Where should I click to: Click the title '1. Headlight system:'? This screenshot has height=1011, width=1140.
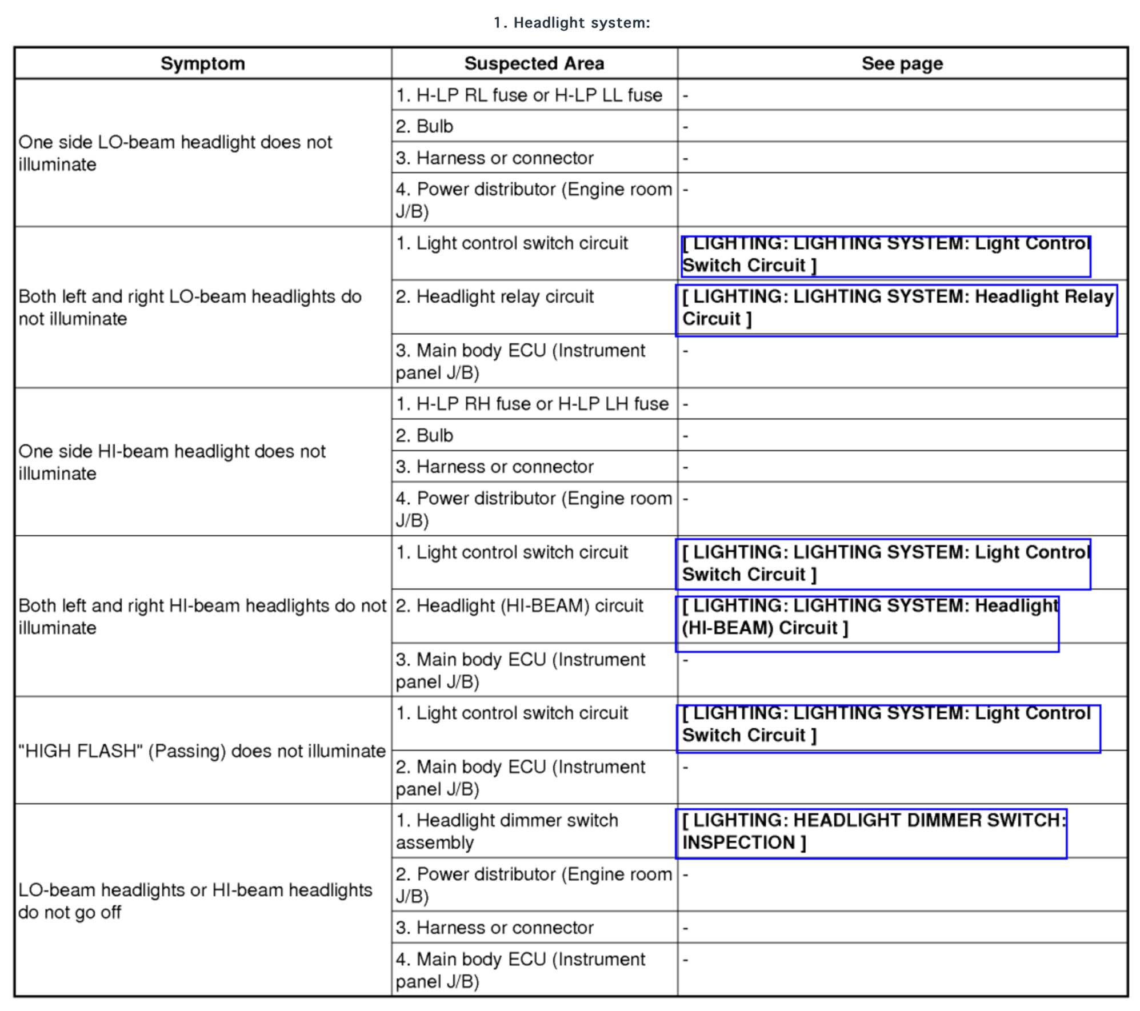pyautogui.click(x=571, y=23)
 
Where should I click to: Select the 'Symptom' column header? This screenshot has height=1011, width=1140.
pyautogui.click(x=202, y=63)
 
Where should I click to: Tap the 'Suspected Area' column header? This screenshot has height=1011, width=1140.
pyautogui.click(x=534, y=63)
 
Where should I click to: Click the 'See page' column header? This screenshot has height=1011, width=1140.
pyautogui.click(x=902, y=63)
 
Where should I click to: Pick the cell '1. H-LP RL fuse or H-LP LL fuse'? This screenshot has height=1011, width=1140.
pyautogui.click(x=529, y=95)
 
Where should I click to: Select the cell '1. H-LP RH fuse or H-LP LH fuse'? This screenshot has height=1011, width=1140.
pyautogui.click(x=531, y=404)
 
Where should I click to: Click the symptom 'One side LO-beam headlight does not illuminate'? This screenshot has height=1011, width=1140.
pyautogui.click(x=174, y=153)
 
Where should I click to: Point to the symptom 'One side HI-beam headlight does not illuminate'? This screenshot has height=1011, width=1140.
pyautogui.click(x=171, y=462)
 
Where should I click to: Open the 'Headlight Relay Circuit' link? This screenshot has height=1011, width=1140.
pyautogui.click(x=896, y=308)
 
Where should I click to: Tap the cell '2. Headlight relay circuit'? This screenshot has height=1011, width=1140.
pyautogui.click(x=494, y=297)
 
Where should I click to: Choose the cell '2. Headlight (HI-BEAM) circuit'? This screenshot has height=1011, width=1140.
pyautogui.click(x=519, y=606)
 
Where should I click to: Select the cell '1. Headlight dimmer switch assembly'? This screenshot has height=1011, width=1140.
pyautogui.click(x=506, y=832)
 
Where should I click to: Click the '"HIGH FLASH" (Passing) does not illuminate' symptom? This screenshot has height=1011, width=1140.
pyautogui.click(x=202, y=751)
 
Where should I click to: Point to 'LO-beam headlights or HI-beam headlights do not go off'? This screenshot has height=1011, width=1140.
pyautogui.click(x=194, y=901)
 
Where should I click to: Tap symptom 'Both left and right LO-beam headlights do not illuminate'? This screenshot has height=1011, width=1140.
pyautogui.click(x=190, y=308)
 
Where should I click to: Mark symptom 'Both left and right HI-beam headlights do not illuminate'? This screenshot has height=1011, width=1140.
pyautogui.click(x=202, y=617)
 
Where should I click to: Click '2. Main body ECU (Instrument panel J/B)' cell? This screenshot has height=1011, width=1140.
pyautogui.click(x=520, y=778)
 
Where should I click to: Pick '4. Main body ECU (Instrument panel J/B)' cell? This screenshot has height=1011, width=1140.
pyautogui.click(x=520, y=970)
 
